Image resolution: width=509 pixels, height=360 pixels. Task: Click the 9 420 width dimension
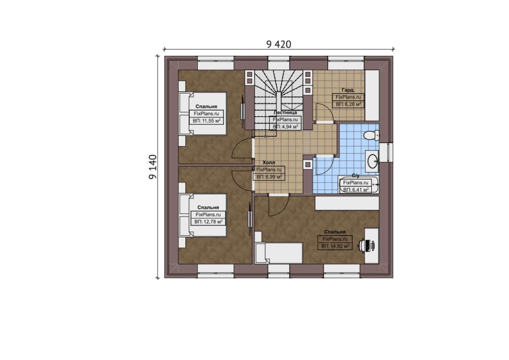(279, 45)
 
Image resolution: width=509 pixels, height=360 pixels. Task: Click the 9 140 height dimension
(153, 167)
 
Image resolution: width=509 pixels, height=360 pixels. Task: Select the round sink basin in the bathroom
(372, 161)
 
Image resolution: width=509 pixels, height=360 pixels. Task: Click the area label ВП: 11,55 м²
(206, 121)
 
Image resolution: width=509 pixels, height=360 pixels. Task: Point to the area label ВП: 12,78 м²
(208, 222)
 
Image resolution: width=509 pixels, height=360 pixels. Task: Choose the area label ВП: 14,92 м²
(335, 246)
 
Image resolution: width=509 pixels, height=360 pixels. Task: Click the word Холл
(269, 163)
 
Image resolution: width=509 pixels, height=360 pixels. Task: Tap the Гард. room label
(348, 90)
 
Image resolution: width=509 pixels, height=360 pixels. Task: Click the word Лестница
(285, 113)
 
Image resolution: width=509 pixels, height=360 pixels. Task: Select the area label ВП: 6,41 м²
(356, 190)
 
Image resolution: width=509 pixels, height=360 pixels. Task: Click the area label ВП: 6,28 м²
(348, 104)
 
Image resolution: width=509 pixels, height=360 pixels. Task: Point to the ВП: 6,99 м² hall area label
(269, 177)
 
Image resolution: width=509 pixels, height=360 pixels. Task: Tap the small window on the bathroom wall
(386, 152)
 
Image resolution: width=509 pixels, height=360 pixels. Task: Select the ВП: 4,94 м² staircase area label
(286, 126)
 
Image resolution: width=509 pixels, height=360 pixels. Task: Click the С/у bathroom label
(356, 175)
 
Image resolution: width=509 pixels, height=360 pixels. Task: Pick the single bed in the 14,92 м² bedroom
(279, 253)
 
